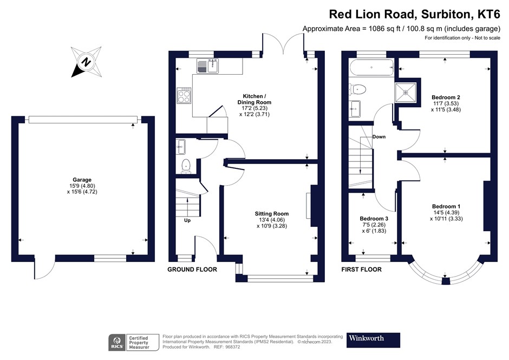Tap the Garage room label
click(x=82, y=180)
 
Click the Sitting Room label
click(x=272, y=214)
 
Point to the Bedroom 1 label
click(x=446, y=206)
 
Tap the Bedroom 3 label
click(x=374, y=219)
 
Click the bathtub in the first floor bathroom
click(x=371, y=68)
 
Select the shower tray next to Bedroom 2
click(x=408, y=94)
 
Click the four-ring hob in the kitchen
click(x=184, y=96)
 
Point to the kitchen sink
click(x=207, y=67)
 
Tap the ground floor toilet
click(x=186, y=166)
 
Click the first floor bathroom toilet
click(x=359, y=89)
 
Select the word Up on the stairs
click(x=188, y=220)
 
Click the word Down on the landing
click(x=379, y=137)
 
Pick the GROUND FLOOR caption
click(x=192, y=270)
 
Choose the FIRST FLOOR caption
click(x=361, y=270)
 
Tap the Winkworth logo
click(x=373, y=339)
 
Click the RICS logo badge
click(x=116, y=342)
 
